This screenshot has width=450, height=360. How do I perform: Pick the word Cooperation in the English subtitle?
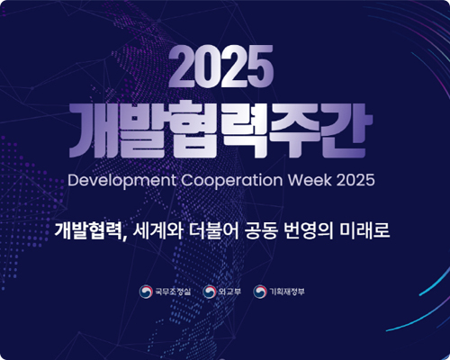[235, 179]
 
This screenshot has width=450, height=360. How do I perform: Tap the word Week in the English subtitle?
[310, 179]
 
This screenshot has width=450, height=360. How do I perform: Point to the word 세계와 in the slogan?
[152, 230]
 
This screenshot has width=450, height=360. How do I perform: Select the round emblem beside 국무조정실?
[145, 292]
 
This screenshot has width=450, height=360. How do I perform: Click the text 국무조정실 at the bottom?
[172, 292]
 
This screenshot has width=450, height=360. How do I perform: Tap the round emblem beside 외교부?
[209, 292]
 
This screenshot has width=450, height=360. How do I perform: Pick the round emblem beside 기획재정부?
[261, 292]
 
